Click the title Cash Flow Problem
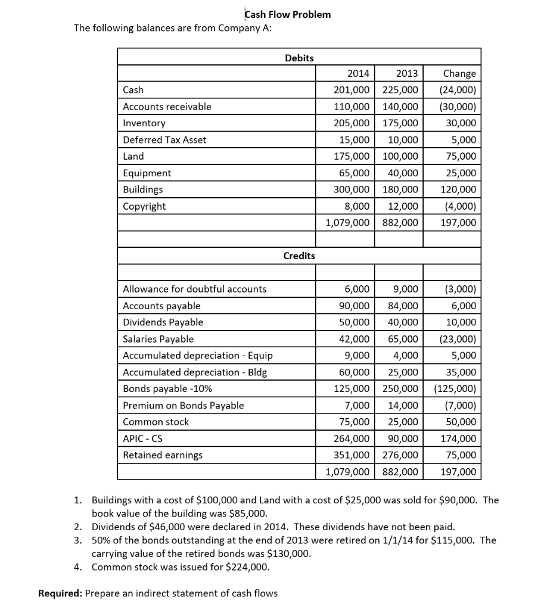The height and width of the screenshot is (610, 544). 288,14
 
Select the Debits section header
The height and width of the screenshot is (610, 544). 299,57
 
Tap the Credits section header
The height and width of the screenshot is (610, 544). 299,256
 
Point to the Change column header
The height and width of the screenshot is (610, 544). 460,74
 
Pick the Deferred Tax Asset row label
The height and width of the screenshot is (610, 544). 164,140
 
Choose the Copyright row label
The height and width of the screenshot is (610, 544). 144,206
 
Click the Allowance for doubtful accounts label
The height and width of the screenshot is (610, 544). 194,290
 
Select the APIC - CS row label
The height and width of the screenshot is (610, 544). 142,438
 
